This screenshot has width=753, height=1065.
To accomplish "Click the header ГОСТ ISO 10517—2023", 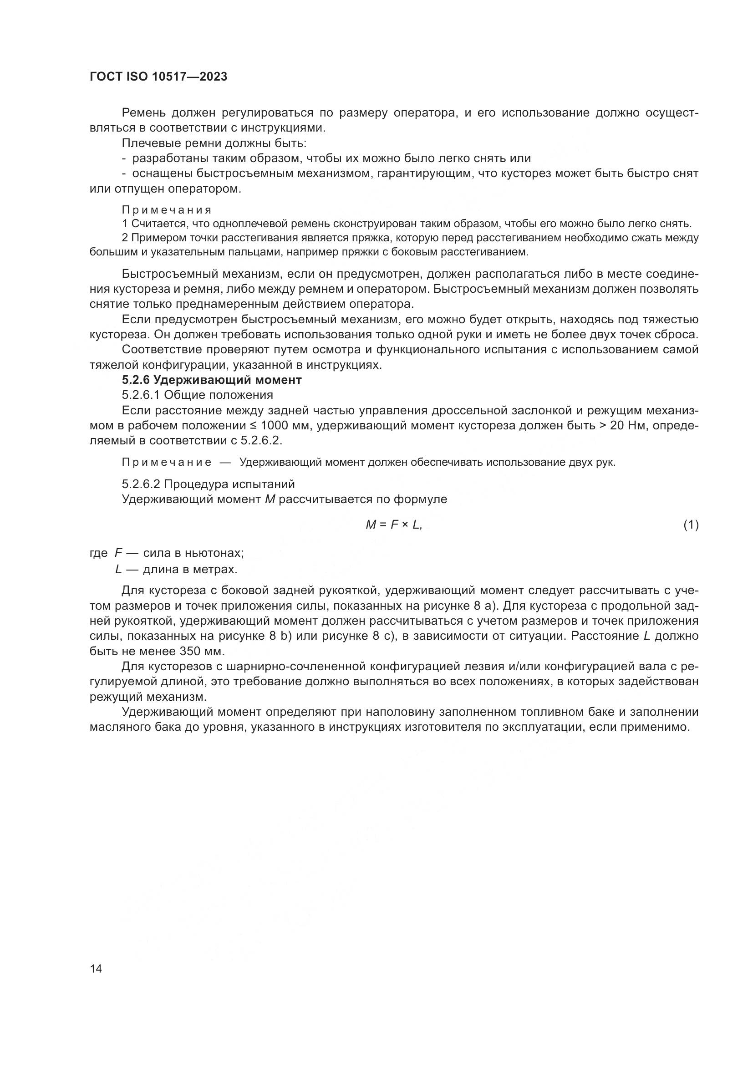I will pos(158,77).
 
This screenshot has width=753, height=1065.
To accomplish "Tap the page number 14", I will pos(96,968).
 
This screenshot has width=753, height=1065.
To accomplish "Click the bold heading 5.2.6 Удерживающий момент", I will pos(212,380).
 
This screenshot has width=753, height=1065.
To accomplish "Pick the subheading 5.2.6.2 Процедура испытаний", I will pos(208,484).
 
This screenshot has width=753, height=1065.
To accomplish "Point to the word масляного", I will pos(119,727).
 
